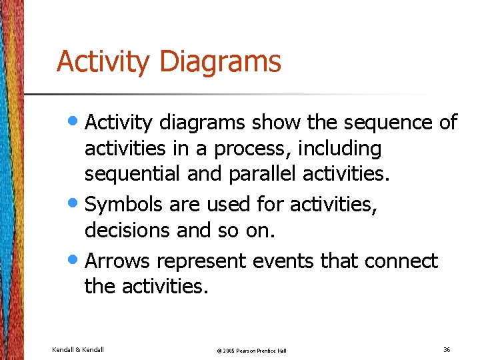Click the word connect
click(401, 261)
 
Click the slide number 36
click(446, 349)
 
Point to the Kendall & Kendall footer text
click(78, 349)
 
